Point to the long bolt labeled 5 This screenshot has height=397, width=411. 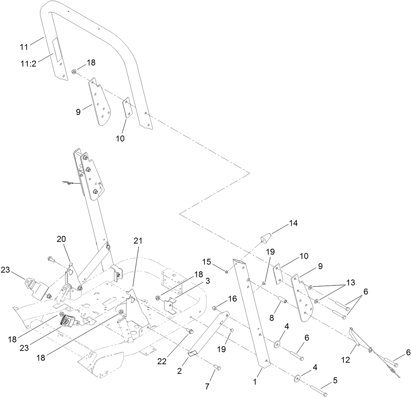(318, 390)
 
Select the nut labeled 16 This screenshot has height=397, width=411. (214, 308)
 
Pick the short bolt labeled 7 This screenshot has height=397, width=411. (218, 367)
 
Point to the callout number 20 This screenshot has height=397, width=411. (61, 239)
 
